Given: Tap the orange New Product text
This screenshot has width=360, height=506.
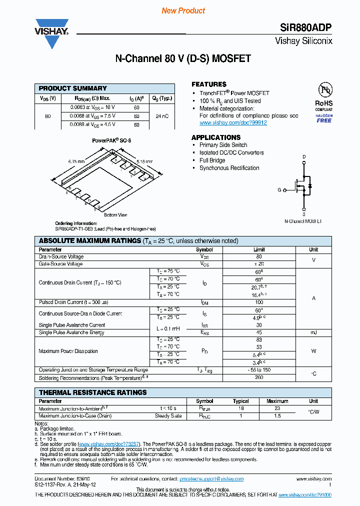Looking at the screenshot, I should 183,10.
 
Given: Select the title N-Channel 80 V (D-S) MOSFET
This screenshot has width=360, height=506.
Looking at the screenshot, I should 183,59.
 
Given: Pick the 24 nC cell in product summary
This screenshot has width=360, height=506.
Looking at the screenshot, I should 161,116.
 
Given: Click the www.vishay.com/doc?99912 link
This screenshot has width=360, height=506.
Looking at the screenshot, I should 233,122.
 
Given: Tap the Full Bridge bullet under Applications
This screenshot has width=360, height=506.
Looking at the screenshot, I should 212,160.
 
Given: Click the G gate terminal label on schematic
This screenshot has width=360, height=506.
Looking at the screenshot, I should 279,190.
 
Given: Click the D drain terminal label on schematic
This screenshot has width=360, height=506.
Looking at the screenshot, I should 303,157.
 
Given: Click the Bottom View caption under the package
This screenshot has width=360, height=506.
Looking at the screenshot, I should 115,215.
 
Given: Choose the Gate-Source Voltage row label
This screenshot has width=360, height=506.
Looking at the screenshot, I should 60,263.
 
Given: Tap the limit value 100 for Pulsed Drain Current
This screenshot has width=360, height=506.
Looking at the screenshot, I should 258,302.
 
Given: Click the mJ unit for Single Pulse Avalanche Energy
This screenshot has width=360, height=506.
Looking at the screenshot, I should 313,332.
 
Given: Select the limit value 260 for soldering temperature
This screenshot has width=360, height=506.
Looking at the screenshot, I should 258,377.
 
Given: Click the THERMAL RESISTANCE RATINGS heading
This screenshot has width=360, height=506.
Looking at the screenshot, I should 93,392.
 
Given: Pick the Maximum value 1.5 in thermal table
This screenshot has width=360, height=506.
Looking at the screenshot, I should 277,416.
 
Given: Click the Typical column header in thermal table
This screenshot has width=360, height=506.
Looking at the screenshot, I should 241,401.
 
